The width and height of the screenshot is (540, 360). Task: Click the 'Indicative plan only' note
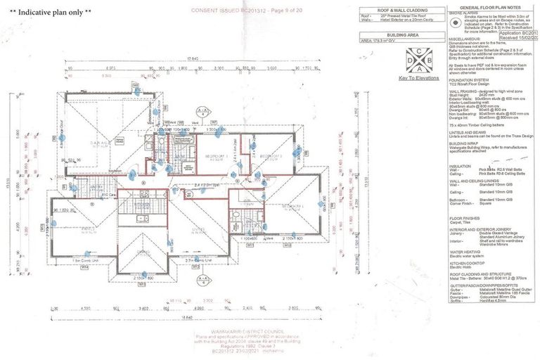51,13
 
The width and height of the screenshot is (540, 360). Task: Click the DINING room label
143,250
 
